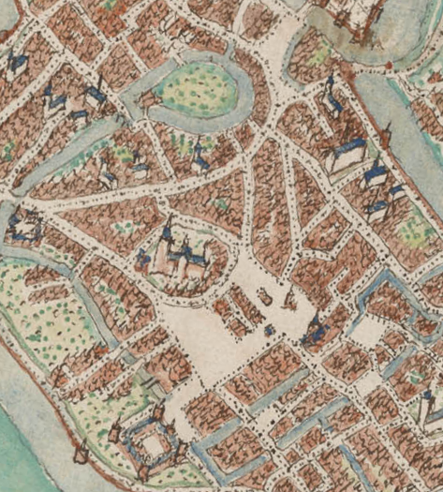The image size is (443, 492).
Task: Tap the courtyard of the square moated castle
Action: pos(151,440)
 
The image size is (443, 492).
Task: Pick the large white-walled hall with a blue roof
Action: pos(347,155)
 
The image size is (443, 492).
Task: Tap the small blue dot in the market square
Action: pos(270,330)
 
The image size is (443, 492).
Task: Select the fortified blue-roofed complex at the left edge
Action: pos(22,225)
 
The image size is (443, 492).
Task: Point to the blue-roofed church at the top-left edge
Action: pos(16,64)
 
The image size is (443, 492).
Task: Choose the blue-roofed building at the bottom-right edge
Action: pos(433,405)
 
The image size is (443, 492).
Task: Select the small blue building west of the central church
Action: pos(142,258)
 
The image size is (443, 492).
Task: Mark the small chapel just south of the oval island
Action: pos(199,159)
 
